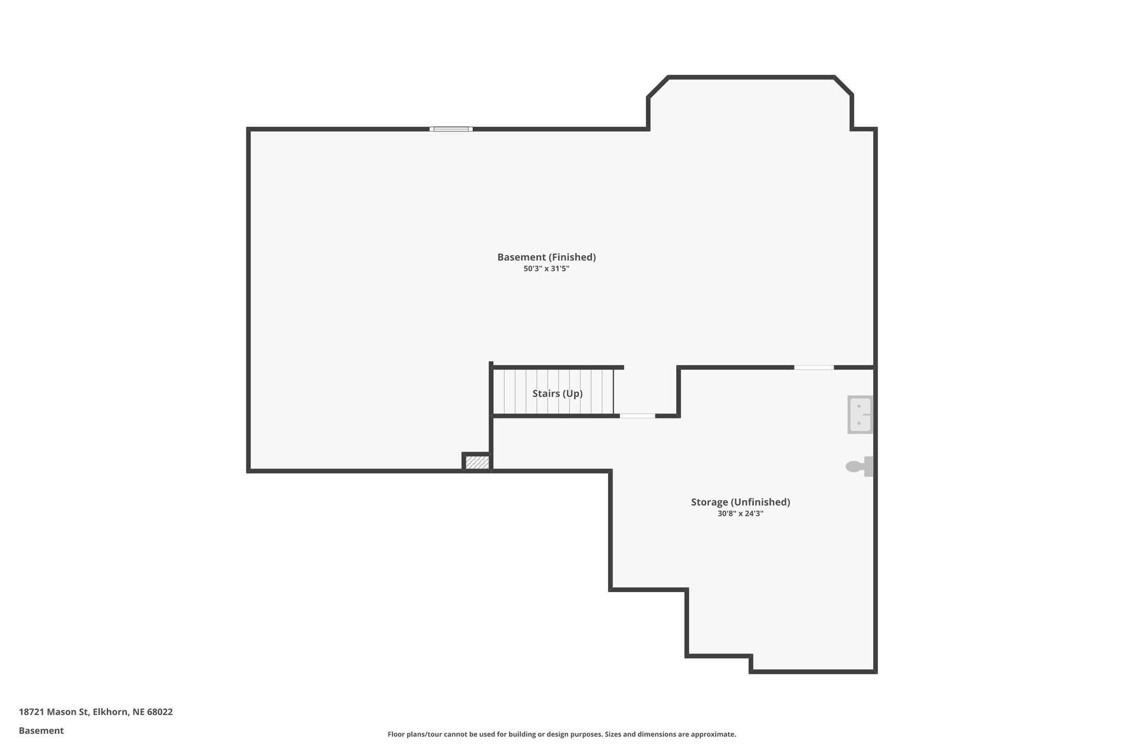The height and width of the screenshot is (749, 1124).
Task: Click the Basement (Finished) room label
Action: (x=546, y=257)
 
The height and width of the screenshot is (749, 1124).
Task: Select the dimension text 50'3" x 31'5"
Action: (x=546, y=269)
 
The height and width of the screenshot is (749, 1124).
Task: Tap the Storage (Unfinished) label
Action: (x=740, y=502)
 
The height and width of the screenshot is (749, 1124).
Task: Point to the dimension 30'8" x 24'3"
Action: (x=740, y=514)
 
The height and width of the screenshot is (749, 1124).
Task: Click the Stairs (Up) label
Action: (x=557, y=393)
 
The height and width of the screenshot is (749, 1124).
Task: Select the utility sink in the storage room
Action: (x=859, y=415)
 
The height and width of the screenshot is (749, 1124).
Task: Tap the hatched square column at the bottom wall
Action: (x=477, y=463)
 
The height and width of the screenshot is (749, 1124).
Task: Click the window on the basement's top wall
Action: (x=451, y=129)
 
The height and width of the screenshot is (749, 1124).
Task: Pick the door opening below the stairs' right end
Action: (x=637, y=416)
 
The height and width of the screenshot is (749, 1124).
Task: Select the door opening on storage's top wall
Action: (x=813, y=367)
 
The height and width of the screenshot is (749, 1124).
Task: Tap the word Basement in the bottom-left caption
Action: (x=41, y=731)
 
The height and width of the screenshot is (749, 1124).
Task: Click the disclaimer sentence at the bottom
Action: (x=561, y=734)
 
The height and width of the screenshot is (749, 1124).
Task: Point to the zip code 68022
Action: (x=160, y=712)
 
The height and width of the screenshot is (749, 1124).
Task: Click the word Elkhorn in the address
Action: (x=110, y=712)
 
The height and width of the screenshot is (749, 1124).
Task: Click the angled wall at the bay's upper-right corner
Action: (x=844, y=86)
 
